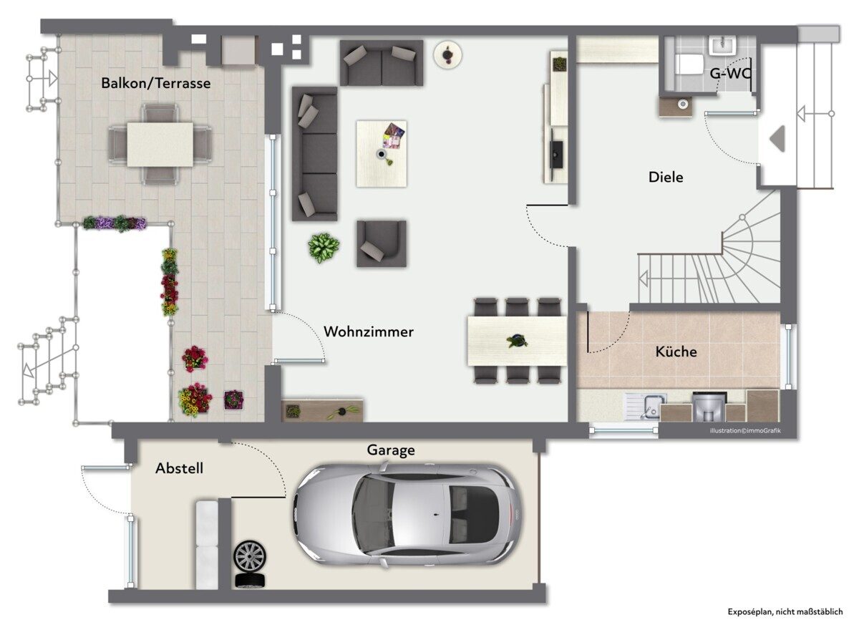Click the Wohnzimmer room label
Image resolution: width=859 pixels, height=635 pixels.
[x=369, y=331]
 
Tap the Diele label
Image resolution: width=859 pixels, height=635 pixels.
[x=666, y=177]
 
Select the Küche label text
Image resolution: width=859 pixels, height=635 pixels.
[x=676, y=352]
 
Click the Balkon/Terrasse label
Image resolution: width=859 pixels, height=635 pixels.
[x=155, y=83]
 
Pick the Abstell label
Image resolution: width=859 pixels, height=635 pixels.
[x=179, y=468]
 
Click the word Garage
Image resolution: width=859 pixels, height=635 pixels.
[x=391, y=450]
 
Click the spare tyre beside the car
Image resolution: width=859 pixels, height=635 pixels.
[x=250, y=557]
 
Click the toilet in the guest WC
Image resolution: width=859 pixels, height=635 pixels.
[x=689, y=63]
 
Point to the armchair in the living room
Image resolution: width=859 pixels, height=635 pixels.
[x=382, y=243]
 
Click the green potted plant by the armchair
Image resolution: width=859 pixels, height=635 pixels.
[x=324, y=247]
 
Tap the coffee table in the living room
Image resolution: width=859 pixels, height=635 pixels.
[x=382, y=153]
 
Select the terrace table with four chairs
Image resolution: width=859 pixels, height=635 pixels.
[x=160, y=144]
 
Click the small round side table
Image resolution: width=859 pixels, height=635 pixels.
[x=447, y=54]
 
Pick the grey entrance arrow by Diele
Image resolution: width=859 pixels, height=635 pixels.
[x=777, y=138]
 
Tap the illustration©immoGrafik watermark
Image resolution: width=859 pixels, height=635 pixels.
[x=745, y=431]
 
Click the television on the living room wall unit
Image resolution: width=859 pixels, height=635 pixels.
[x=556, y=155]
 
